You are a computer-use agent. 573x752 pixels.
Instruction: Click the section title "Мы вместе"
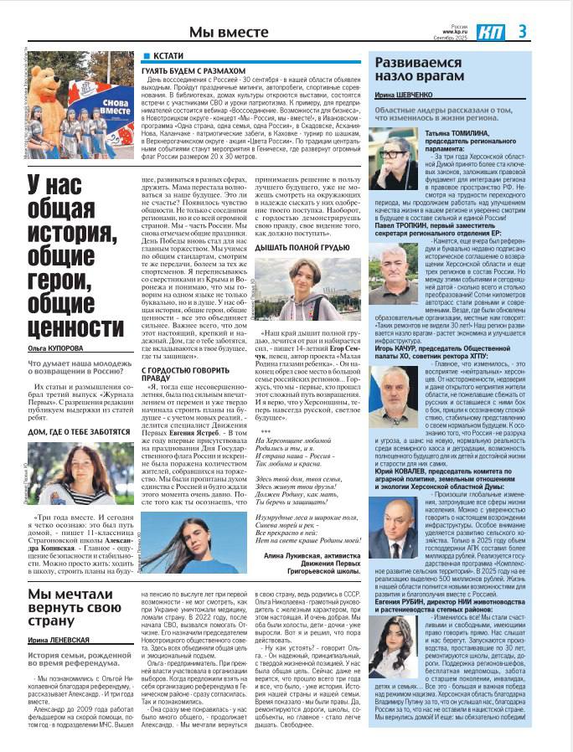(229, 32)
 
